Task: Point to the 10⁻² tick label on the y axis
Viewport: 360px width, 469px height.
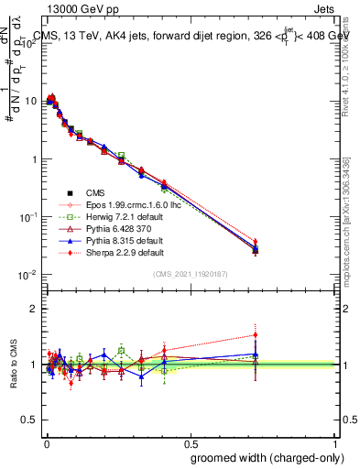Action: (x=27, y=275)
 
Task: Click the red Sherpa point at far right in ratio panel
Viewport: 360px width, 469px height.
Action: (x=256, y=335)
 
